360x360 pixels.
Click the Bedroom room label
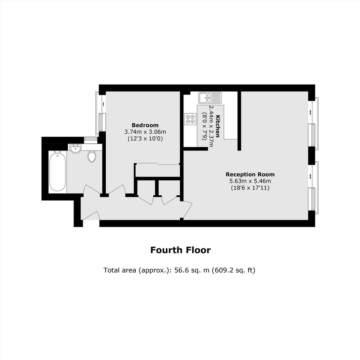[145, 125]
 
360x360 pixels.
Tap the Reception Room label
[250, 175]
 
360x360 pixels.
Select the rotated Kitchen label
[217, 126]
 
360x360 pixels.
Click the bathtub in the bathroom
[57, 171]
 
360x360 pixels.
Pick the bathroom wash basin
[75, 149]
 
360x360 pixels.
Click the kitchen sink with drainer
[210, 98]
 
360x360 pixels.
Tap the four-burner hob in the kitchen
[190, 119]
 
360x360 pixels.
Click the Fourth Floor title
[180, 250]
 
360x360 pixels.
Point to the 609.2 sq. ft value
[233, 270]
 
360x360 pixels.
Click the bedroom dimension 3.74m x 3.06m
[145, 132]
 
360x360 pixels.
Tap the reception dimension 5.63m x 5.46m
[250, 181]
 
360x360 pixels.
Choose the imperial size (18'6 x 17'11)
[250, 188]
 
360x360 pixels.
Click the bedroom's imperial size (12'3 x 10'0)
[145, 139]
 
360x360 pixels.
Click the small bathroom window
[91, 140]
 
